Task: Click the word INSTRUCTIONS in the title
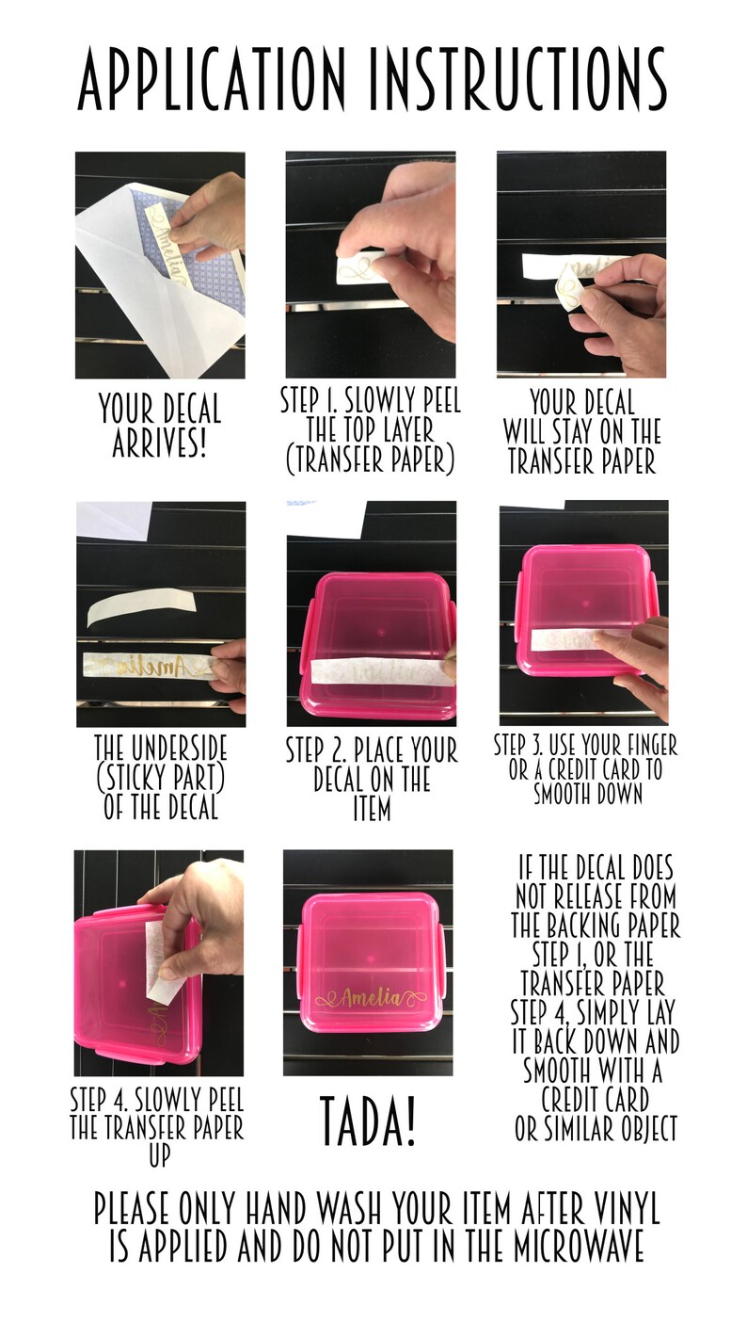click(x=517, y=79)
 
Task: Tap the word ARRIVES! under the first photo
click(x=159, y=442)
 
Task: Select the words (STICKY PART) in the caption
click(x=160, y=778)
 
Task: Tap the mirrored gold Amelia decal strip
click(x=151, y=667)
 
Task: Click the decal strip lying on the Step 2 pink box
click(x=381, y=670)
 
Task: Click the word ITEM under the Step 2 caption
click(x=372, y=809)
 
